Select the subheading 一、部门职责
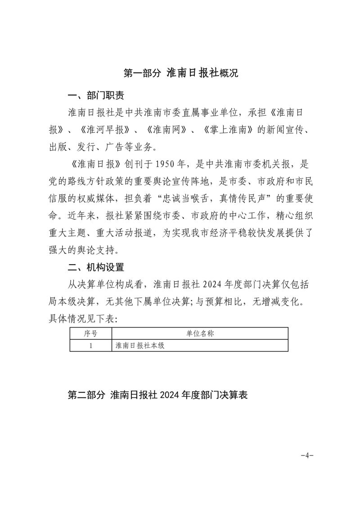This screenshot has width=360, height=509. point(95,96)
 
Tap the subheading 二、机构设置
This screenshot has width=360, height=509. point(95,268)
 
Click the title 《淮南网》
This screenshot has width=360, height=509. point(167,130)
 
